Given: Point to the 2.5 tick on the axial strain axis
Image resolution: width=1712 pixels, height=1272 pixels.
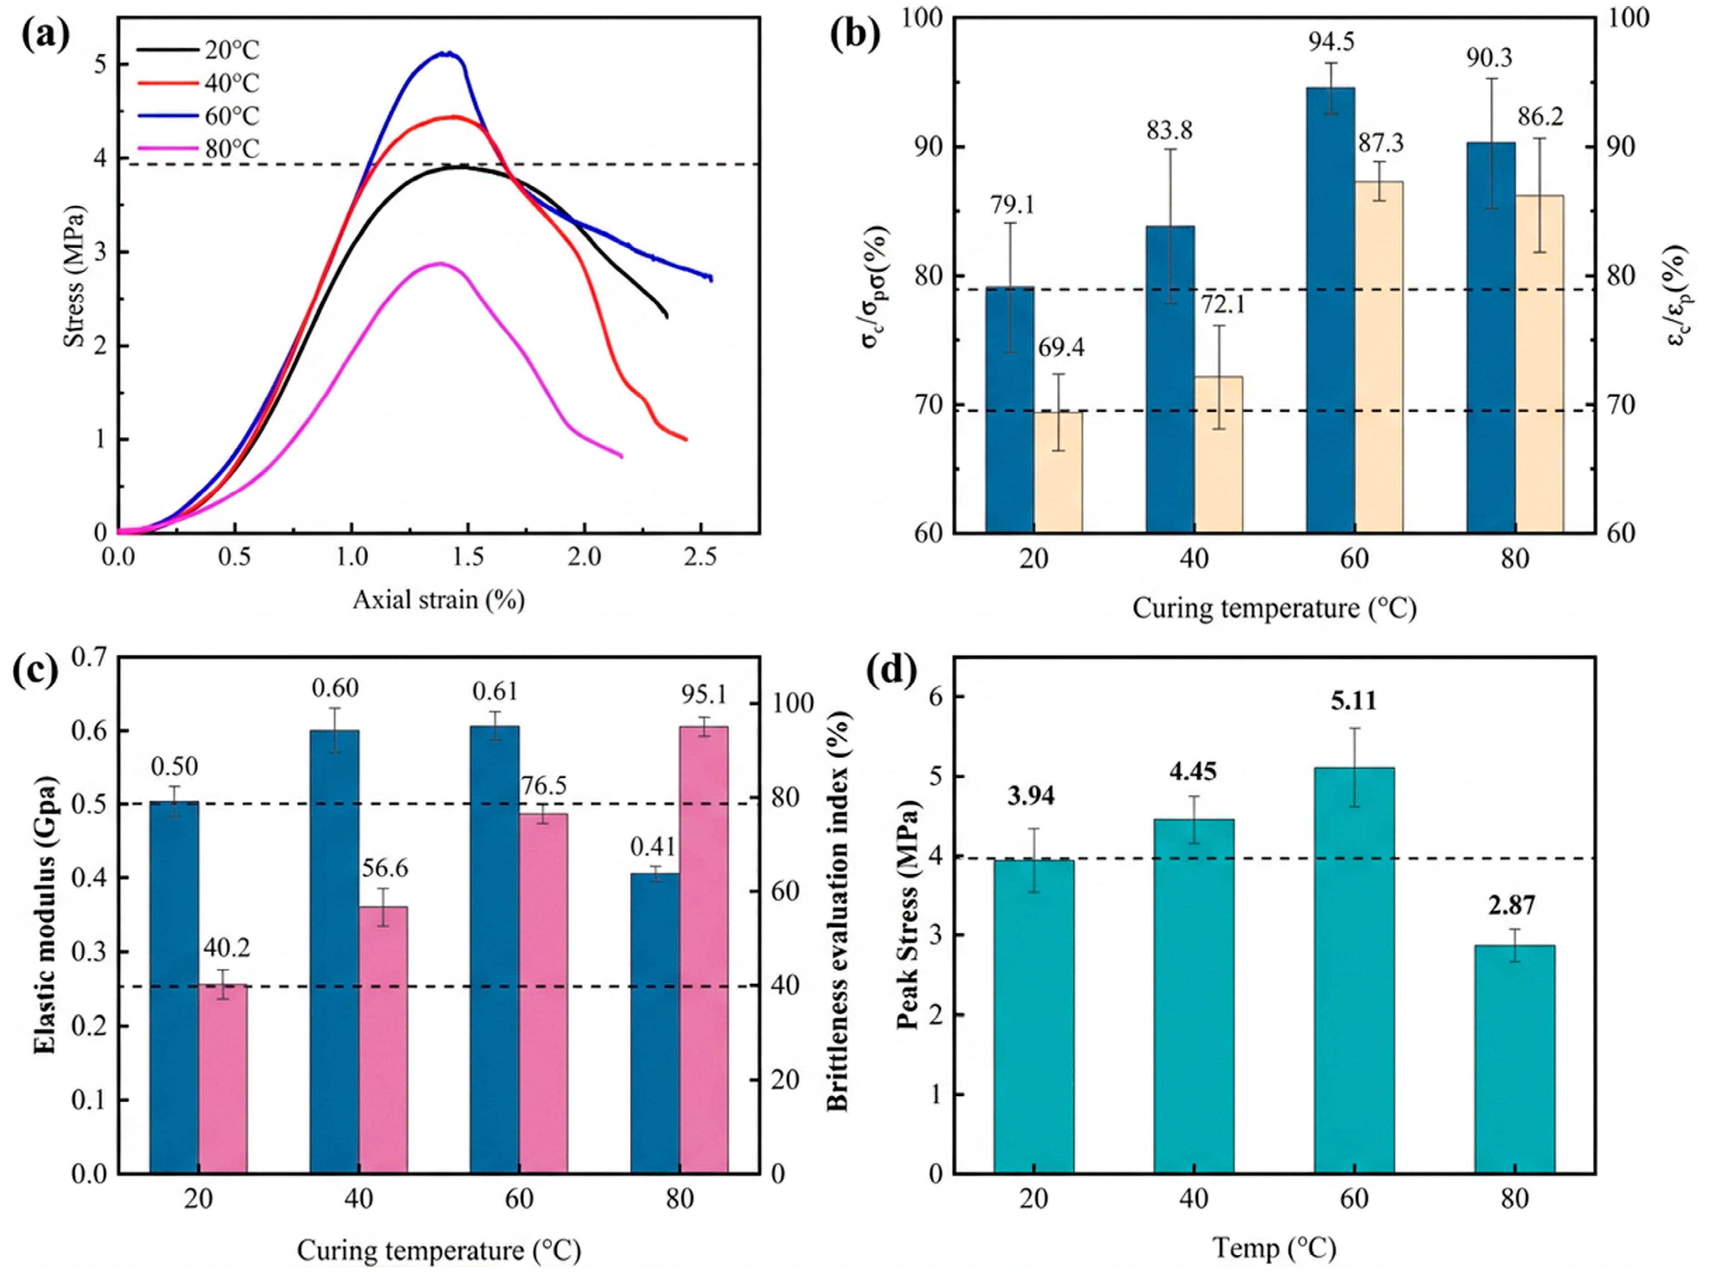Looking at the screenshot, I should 700,557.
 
